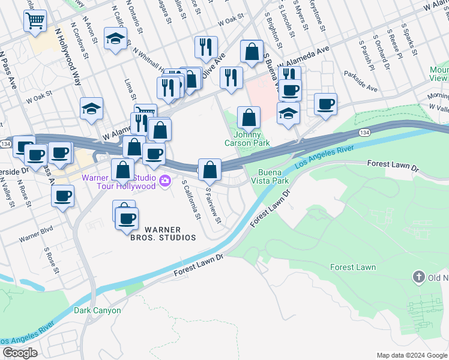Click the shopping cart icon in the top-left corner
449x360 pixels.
click(x=35, y=22)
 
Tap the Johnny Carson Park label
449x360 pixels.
click(x=247, y=139)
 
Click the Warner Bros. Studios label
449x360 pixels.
click(x=163, y=233)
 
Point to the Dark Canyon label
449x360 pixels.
click(x=97, y=311)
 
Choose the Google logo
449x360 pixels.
click(x=20, y=353)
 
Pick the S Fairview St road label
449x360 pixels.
click(x=214, y=205)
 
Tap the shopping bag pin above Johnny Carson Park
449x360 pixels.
click(x=248, y=116)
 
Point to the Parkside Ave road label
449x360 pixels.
click(x=361, y=82)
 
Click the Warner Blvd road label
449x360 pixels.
click(x=35, y=234)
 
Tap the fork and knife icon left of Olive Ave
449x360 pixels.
click(x=206, y=46)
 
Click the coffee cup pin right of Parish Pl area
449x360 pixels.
click(x=326, y=104)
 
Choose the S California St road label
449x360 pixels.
click(x=190, y=200)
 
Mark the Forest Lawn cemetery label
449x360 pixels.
click(x=353, y=267)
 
